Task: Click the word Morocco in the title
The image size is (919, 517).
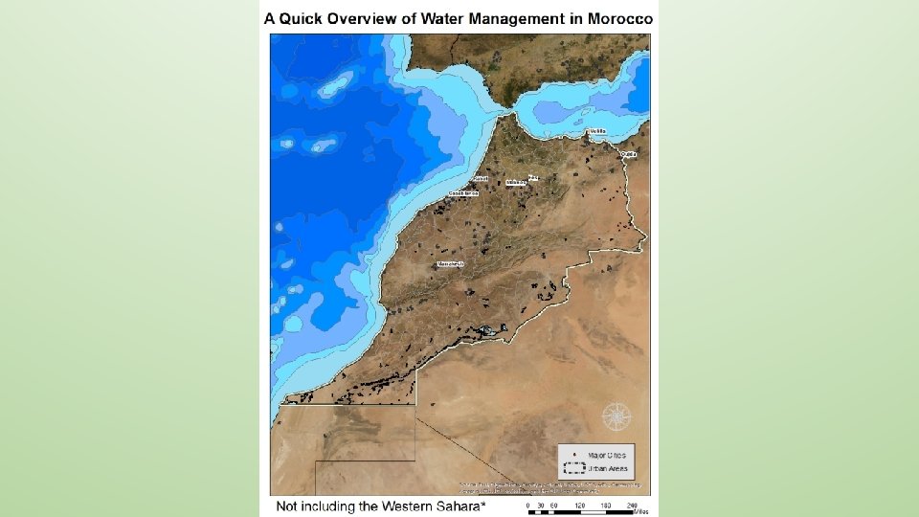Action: tap(619, 18)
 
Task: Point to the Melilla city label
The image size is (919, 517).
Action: tap(595, 131)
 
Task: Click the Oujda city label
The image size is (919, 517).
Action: tap(628, 153)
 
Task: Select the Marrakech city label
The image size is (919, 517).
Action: tap(450, 263)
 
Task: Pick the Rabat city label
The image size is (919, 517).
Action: tap(481, 178)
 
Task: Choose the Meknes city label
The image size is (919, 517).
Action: tap(516, 182)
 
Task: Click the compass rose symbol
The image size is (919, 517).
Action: tap(616, 417)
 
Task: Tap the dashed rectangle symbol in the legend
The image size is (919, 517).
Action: tap(574, 468)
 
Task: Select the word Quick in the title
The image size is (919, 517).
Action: tap(303, 18)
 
